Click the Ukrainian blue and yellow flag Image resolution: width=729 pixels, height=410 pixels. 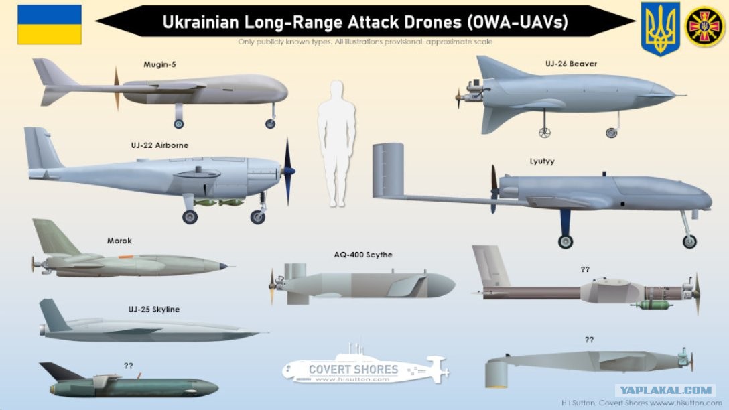click(49, 24)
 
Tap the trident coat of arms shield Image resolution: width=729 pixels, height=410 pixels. click(660, 27)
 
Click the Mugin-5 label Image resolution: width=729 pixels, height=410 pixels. click(159, 64)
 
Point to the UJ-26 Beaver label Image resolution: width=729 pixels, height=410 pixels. click(571, 64)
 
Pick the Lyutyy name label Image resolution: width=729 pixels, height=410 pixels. click(541, 161)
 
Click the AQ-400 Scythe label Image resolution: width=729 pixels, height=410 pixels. click(362, 255)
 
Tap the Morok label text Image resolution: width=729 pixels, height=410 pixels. click(119, 240)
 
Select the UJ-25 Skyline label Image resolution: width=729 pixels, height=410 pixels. click(154, 309)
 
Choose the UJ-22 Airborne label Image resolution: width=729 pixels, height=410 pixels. click(159, 145)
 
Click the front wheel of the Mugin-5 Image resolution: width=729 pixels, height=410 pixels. click(270, 123)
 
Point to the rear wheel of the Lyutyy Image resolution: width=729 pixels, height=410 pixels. click(566, 241)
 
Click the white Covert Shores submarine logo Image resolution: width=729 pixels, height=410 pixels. click(365, 368)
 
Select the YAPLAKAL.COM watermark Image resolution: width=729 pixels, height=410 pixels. click(664, 390)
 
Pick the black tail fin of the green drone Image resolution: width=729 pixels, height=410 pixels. click(59, 370)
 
